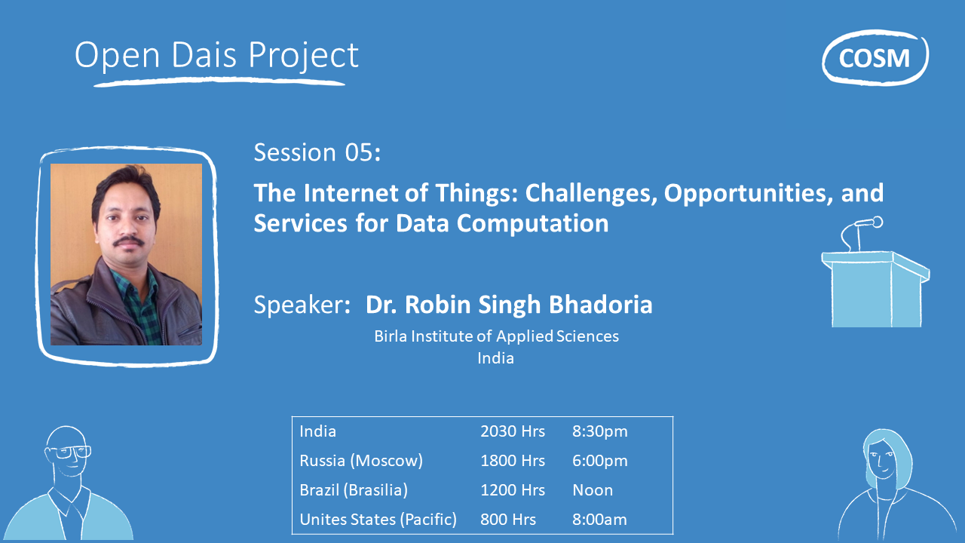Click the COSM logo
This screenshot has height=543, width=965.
click(x=875, y=57)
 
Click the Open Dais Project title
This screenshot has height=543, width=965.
click(x=216, y=56)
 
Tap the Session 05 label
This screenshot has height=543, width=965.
click(x=317, y=152)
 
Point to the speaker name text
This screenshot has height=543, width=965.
click(x=509, y=305)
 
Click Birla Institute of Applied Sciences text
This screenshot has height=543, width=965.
click(x=496, y=336)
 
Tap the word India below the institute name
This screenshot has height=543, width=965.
click(x=495, y=358)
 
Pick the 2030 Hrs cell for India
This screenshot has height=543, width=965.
click(x=513, y=431)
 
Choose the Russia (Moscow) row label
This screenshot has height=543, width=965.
click(x=361, y=461)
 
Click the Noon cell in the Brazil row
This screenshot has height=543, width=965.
click(x=593, y=490)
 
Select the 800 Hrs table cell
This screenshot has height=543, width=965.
click(x=508, y=520)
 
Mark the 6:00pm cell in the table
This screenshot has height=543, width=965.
click(x=600, y=461)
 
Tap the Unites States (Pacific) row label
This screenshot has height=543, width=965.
click(x=378, y=520)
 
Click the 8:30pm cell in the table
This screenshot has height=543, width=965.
click(x=600, y=431)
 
